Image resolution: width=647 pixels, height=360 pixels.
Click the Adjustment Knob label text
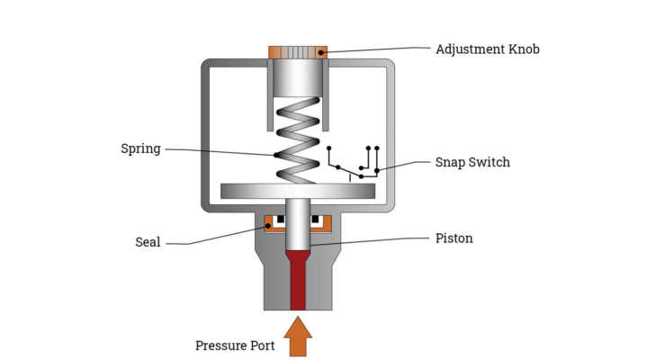487,49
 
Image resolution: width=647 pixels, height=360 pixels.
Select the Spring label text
140,148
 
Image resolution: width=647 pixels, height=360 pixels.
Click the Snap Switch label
472,163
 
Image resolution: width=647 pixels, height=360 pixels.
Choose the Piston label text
454,238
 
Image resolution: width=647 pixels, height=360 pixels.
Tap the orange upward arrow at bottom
298,337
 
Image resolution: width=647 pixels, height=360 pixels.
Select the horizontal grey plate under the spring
298,191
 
